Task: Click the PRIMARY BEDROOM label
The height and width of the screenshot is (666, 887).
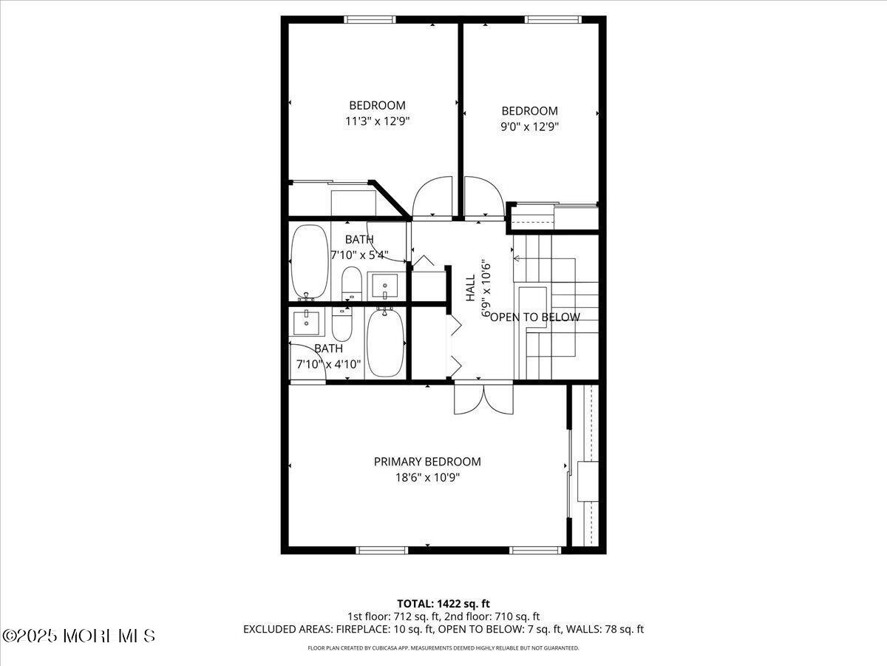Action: pyautogui.click(x=427, y=462)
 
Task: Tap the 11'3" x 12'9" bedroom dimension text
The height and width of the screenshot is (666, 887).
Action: pyautogui.click(x=378, y=121)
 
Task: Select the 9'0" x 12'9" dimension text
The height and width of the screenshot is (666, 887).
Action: pyautogui.click(x=529, y=127)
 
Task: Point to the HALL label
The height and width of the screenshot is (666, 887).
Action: pyautogui.click(x=470, y=288)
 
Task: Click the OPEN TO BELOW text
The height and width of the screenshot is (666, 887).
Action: pyautogui.click(x=535, y=317)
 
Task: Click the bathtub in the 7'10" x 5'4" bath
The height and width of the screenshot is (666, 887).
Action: pyautogui.click(x=310, y=263)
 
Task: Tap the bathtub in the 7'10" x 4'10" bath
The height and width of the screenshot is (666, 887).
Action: pyautogui.click(x=385, y=342)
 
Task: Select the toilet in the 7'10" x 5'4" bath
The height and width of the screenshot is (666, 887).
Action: pyautogui.click(x=351, y=284)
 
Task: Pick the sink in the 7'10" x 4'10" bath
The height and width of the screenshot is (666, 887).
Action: pyautogui.click(x=307, y=323)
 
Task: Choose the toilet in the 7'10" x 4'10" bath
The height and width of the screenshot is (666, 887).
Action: pyautogui.click(x=342, y=324)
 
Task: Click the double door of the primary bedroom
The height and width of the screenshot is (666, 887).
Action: pyautogui.click(x=483, y=397)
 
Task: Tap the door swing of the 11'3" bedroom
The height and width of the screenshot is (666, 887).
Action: pyautogui.click(x=432, y=198)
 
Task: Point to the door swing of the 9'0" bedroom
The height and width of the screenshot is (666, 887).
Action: pyautogui.click(x=484, y=198)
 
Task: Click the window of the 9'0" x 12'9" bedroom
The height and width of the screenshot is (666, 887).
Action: pyautogui.click(x=553, y=19)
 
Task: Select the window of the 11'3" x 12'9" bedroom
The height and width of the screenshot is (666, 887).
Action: pyautogui.click(x=370, y=19)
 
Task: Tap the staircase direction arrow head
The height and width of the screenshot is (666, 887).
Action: pyautogui.click(x=516, y=258)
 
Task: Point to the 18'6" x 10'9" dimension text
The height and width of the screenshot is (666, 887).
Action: pyautogui.click(x=427, y=478)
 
